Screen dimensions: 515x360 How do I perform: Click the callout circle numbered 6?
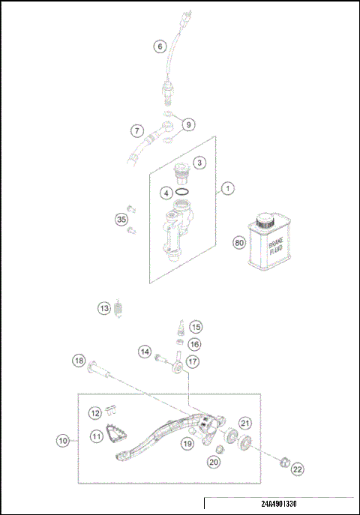tap(159, 46)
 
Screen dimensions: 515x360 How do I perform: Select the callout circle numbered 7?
tap(137, 130)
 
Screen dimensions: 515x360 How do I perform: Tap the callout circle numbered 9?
tap(188, 124)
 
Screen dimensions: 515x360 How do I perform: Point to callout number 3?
tap(199, 162)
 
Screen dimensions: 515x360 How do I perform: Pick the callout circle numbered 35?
tap(121, 220)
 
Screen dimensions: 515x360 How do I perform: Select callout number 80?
tap(239, 243)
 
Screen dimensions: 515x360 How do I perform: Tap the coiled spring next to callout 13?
tap(124, 308)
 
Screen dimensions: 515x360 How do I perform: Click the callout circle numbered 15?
tap(195, 327)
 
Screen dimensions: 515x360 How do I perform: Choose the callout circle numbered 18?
tap(79, 361)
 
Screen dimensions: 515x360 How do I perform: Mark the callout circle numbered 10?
tap(63, 441)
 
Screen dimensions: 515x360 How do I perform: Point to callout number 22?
tap(298, 469)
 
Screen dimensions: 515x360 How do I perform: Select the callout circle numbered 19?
tap(187, 444)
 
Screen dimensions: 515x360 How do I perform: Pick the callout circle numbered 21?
tap(244, 424)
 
